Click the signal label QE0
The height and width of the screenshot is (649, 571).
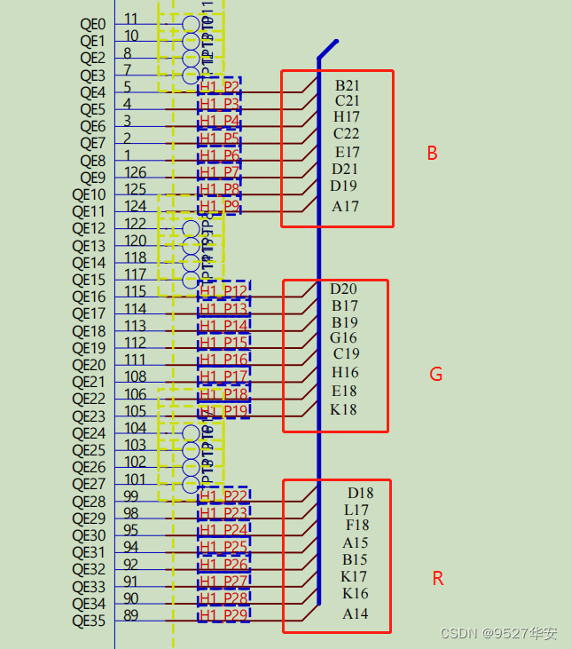coord(92,24)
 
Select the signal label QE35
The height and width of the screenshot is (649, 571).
coord(89,621)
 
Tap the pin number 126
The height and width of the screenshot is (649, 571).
coord(135,172)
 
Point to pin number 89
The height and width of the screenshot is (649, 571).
coord(130,615)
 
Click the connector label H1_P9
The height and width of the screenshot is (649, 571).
coord(219,207)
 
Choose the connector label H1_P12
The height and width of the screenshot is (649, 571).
coord(223,291)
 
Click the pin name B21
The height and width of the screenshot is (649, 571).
coord(347,86)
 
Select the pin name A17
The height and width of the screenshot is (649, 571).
coord(345,207)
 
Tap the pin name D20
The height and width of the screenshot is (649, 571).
coord(343,289)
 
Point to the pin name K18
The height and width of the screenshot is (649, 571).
coord(343,409)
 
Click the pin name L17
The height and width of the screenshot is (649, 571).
coord(356,510)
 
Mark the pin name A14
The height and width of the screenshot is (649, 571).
coord(355,614)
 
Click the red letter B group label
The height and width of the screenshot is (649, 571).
coord(432,154)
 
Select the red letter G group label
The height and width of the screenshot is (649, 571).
coord(435,375)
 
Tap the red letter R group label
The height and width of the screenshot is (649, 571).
coord(437,579)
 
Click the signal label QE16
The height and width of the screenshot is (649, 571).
coord(89,297)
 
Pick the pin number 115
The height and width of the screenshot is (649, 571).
coord(135,291)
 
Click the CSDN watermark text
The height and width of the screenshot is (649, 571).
coord(497,633)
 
